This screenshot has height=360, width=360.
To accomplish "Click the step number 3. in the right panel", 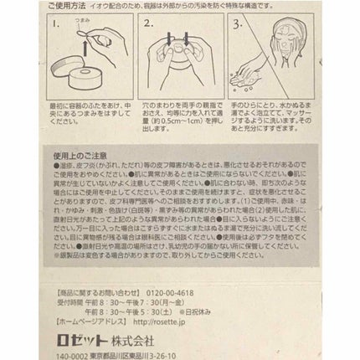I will tap(240, 24).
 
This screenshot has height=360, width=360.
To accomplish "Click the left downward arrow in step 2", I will tap(171, 39).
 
